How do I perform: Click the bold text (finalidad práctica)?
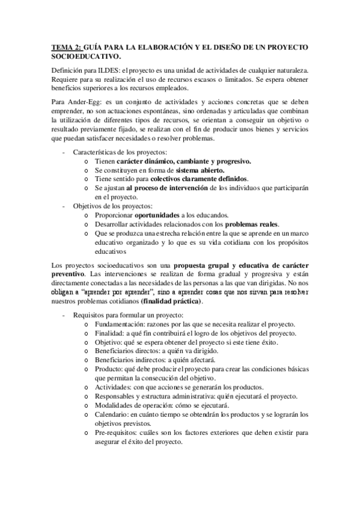[171, 301]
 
